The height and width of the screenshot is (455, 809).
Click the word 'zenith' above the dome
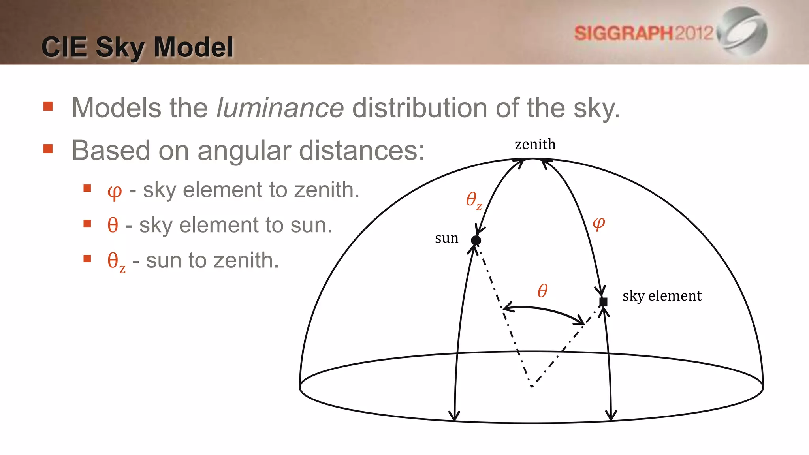point(535,145)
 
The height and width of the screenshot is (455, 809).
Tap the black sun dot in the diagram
point(476,240)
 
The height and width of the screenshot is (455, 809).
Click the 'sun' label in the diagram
point(446,239)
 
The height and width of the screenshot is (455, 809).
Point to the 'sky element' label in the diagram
point(662,296)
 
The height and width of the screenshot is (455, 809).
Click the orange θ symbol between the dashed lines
point(542,291)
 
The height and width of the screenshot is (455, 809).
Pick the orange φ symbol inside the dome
point(598,224)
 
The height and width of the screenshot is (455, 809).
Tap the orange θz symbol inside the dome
point(474,200)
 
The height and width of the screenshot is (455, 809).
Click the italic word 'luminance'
point(280,108)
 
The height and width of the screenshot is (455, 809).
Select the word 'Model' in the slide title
point(194,47)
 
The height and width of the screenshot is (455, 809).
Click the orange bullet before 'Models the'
point(48,106)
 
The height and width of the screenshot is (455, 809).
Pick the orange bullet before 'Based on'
point(48,149)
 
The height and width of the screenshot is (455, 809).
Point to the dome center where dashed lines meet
point(532,386)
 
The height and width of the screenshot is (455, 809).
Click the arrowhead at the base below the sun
point(454,417)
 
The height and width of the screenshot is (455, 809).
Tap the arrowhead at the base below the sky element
point(611,416)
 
